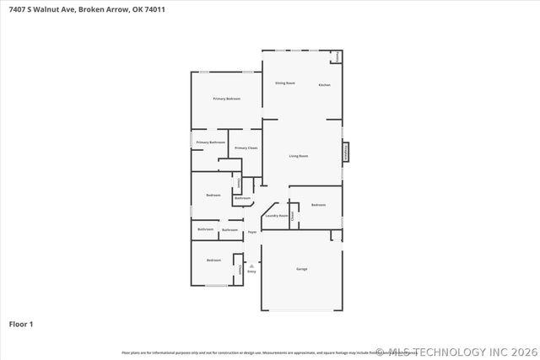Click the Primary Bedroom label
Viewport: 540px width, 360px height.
[x=226, y=99]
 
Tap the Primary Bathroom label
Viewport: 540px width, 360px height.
[x=210, y=142]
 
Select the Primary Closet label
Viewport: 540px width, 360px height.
[x=246, y=148]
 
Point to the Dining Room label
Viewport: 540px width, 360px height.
[x=285, y=83]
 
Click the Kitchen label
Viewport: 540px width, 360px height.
[x=324, y=85]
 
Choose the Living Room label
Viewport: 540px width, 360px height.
[x=299, y=156]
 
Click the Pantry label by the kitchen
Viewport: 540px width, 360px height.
[x=337, y=56]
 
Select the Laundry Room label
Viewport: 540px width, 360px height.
[x=276, y=216]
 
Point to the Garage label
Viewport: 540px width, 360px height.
[x=301, y=269]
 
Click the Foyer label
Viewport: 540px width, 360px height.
[x=251, y=232]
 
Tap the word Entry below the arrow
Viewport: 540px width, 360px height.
[x=251, y=271]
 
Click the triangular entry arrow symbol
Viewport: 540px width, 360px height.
[x=251, y=265]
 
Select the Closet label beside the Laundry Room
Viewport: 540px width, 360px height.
[x=293, y=216]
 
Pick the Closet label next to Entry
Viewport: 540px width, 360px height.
[x=240, y=270]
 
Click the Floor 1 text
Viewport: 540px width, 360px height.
[x=21, y=324]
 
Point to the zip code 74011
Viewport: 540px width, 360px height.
[x=166, y=9]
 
